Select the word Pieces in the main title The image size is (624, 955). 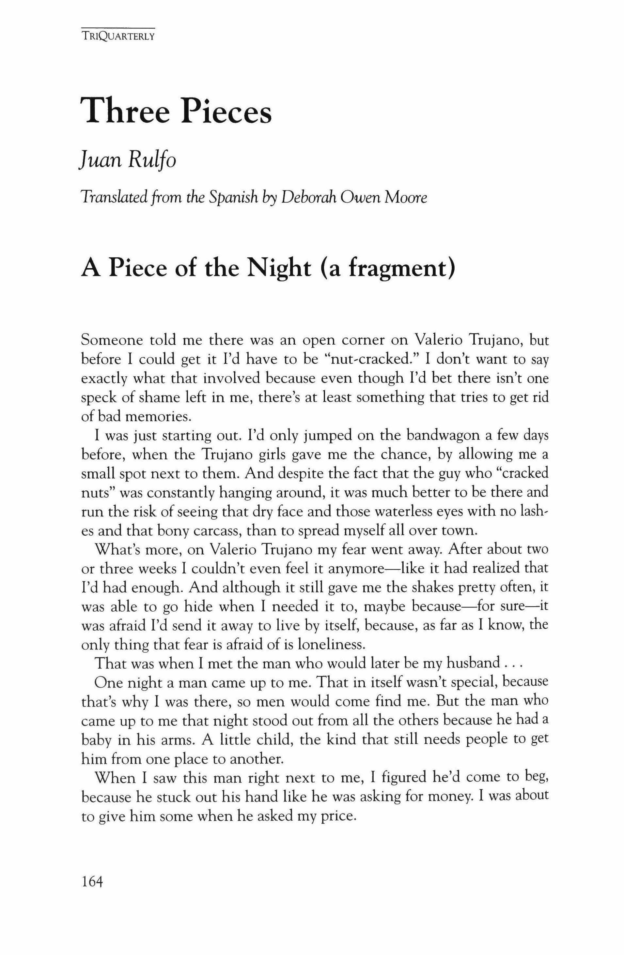[x=226, y=111]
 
